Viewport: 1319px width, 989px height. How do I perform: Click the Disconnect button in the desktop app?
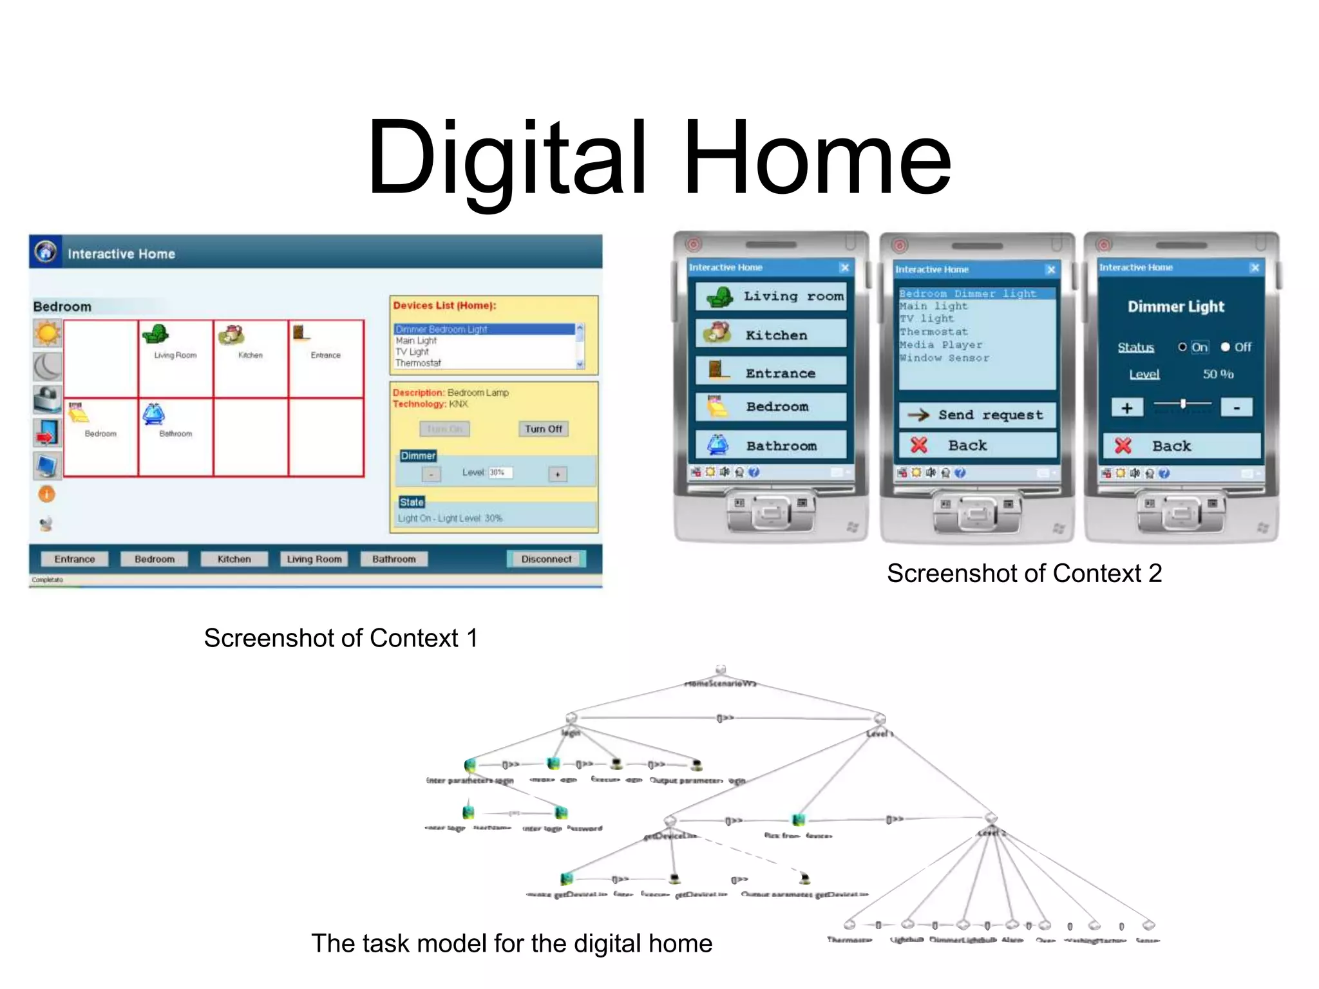[x=546, y=559]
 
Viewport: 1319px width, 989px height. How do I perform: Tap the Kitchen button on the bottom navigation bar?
[x=234, y=559]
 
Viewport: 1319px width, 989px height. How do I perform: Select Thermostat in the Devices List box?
[x=419, y=363]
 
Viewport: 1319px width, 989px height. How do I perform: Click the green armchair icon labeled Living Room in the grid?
[x=156, y=334]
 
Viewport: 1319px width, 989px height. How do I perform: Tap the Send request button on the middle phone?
[x=977, y=415]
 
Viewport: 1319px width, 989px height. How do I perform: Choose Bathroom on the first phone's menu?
[x=771, y=446]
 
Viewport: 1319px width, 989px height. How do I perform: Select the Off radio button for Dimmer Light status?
[x=1226, y=347]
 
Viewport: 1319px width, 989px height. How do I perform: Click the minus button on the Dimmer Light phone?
[x=1237, y=408]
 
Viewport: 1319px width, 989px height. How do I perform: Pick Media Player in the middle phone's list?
[x=941, y=345]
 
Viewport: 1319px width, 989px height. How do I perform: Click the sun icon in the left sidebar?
[x=48, y=334]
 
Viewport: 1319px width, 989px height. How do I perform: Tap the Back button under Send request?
[x=977, y=446]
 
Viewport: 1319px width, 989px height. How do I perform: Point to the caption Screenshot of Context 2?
[x=1024, y=573]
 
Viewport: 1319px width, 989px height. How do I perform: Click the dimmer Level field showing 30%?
[x=500, y=473]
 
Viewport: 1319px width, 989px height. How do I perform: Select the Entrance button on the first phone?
[x=771, y=373]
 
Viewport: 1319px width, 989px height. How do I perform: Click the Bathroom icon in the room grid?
[x=154, y=415]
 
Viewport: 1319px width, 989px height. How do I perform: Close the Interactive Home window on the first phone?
[x=844, y=267]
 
